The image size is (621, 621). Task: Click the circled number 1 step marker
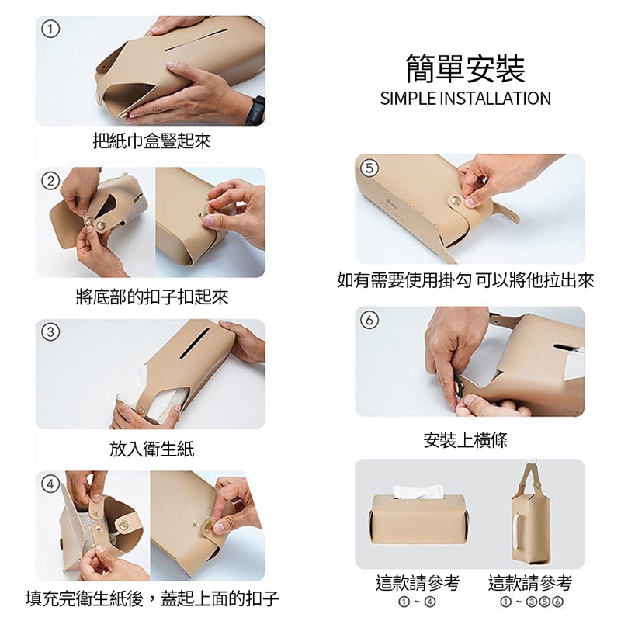click(50, 29)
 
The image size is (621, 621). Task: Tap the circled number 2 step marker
click(50, 182)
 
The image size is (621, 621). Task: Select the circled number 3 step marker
click(50, 332)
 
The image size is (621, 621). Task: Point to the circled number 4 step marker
click(50, 484)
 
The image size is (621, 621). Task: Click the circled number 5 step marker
click(369, 168)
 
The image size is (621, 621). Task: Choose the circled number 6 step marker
click(369, 320)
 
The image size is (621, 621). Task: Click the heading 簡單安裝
click(465, 68)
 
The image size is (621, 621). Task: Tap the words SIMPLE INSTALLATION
click(465, 99)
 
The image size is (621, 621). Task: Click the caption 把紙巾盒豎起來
click(152, 141)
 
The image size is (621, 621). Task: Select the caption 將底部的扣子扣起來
click(152, 297)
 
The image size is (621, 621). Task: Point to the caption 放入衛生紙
click(152, 449)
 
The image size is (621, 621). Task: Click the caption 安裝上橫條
click(465, 439)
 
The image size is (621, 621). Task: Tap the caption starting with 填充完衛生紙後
click(152, 598)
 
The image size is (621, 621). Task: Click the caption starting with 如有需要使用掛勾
click(465, 280)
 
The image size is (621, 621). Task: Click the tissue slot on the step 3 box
click(195, 343)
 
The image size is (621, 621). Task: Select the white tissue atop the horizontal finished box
click(418, 492)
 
